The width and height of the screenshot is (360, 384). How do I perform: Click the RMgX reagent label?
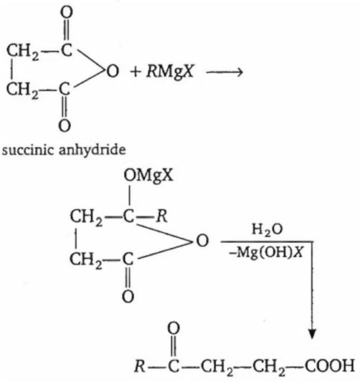pos(170,72)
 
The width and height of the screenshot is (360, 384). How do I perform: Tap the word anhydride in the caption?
pos(93,150)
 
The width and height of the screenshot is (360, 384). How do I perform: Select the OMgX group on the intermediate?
pos(148,176)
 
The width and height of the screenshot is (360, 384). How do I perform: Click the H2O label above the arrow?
pos(267,230)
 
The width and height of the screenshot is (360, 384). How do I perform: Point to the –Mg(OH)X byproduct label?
pos(266,252)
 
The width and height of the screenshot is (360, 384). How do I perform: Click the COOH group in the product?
pos(330,366)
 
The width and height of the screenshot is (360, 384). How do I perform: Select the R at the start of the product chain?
pos(140,366)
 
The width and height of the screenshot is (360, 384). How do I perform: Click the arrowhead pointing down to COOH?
pos(312,334)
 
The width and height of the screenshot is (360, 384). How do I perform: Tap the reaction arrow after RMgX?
pos(224,72)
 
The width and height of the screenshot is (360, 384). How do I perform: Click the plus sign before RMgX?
pos(136,72)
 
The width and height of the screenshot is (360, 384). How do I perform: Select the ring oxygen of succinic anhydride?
pos(113,71)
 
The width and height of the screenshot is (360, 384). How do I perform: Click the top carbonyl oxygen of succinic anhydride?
pos(67,12)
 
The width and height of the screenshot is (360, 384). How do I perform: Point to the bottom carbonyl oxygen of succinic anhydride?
pos(65,125)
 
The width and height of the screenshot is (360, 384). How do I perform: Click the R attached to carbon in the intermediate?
pos(162,216)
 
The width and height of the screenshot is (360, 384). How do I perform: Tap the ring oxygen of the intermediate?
pos(203,241)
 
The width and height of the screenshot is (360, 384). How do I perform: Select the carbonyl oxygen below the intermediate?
pos(128,297)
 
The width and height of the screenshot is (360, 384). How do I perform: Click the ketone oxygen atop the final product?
pos(174,328)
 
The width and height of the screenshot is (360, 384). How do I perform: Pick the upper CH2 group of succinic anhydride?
pos(22,51)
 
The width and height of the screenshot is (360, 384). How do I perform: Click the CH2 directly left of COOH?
pos(269,367)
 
